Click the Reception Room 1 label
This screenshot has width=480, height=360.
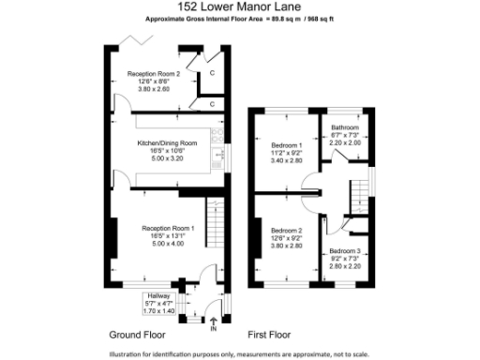[168, 228]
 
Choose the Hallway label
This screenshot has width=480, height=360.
[157, 293]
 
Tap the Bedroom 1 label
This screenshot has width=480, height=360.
[287, 145]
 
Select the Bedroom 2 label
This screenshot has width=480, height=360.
[287, 230]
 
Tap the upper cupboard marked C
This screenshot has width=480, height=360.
[212, 72]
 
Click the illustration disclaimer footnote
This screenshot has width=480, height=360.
[240, 352]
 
